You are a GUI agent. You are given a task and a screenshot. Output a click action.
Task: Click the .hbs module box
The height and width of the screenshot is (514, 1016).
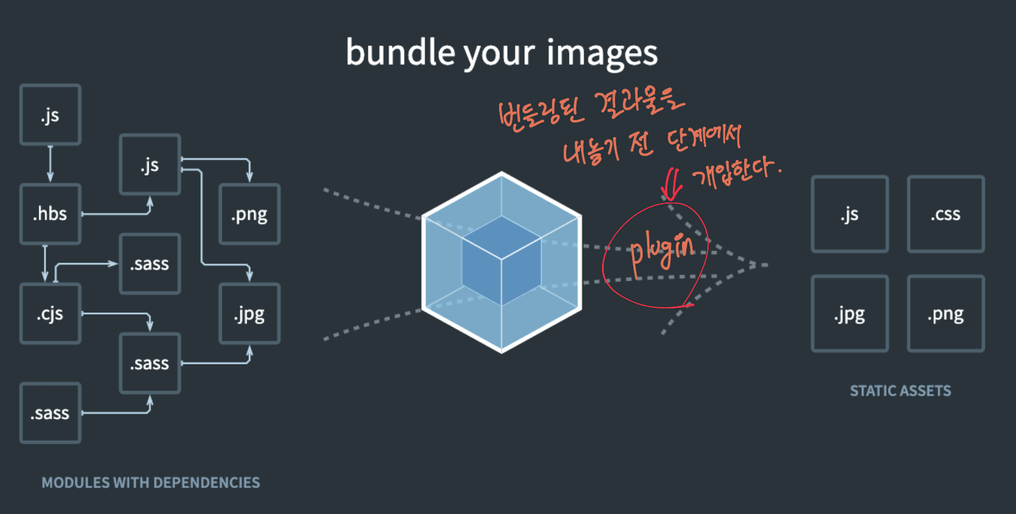(x=51, y=214)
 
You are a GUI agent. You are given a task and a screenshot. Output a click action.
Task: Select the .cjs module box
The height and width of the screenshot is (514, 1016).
(x=51, y=314)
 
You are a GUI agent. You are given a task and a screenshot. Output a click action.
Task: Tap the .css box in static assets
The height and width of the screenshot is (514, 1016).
(x=946, y=214)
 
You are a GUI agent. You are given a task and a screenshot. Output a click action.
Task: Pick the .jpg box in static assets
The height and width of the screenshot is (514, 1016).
(x=850, y=314)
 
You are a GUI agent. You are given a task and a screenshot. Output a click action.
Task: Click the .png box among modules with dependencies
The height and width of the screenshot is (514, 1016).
(x=250, y=214)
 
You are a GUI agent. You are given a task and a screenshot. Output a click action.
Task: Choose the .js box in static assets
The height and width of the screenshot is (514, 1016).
(x=850, y=214)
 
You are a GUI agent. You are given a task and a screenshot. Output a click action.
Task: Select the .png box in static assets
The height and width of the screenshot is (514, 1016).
(x=946, y=314)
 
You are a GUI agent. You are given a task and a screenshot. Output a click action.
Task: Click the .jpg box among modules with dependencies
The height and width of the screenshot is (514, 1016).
(x=250, y=314)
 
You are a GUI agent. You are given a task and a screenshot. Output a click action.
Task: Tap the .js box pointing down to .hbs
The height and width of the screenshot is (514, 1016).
(x=51, y=115)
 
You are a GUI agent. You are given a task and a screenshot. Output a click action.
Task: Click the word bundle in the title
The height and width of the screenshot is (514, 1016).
(x=400, y=52)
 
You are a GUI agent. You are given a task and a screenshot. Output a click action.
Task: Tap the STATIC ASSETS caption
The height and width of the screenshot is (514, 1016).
(x=900, y=391)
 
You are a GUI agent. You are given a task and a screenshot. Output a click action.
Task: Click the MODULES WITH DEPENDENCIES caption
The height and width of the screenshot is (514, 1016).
(x=151, y=483)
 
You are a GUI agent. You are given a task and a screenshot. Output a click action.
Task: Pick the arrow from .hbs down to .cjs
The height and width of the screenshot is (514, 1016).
(x=45, y=263)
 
